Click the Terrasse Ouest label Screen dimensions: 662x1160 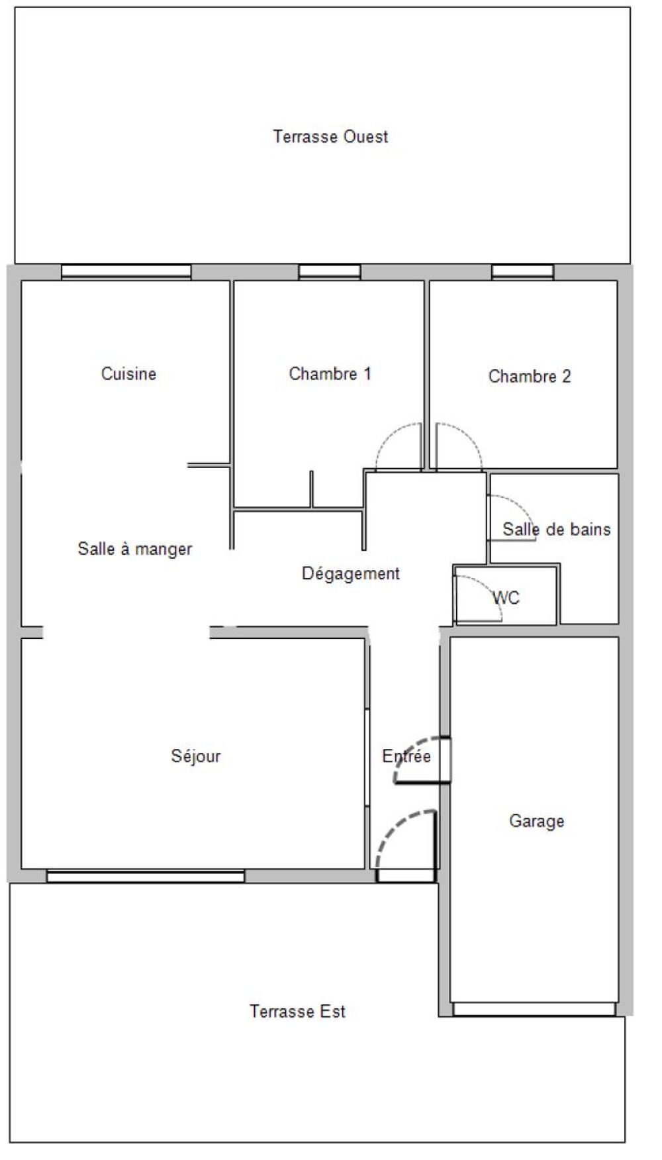[x=330, y=136]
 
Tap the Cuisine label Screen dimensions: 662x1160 [x=128, y=373]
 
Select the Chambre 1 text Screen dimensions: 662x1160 [x=330, y=373]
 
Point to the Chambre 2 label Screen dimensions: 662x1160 [x=529, y=376]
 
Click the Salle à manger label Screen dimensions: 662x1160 [x=134, y=549]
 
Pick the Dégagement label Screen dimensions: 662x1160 [x=350, y=573]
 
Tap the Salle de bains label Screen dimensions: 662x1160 [x=556, y=529]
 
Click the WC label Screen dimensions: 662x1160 [x=506, y=598]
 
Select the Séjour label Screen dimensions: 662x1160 [x=195, y=756]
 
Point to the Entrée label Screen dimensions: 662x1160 [x=406, y=756]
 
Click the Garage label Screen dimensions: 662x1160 [x=536, y=822]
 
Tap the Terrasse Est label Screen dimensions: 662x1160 [x=297, y=1011]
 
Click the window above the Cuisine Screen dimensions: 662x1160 [x=126, y=271]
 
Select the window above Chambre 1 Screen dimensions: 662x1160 [x=329, y=271]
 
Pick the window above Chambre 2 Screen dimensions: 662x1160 [x=522, y=271]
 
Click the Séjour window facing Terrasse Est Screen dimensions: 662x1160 [x=146, y=876]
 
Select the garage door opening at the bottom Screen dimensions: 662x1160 [x=534, y=1009]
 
